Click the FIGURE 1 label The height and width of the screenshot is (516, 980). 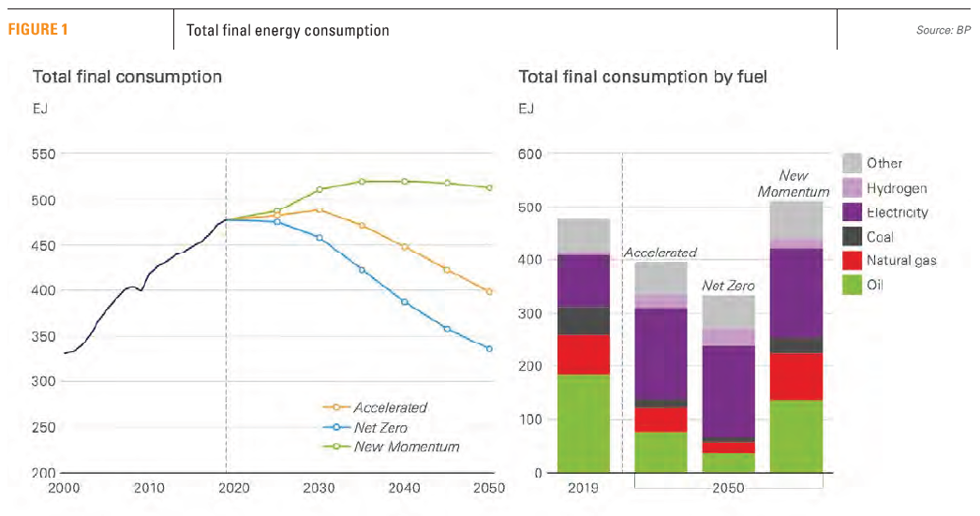[38, 30]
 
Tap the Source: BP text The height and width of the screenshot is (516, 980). [943, 31]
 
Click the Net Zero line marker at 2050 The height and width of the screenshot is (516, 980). [489, 348]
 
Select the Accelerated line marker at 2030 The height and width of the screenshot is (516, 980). [319, 210]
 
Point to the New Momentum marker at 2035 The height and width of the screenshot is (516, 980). [362, 181]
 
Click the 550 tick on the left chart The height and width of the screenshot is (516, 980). [44, 155]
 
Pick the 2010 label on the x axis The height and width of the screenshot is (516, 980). [149, 488]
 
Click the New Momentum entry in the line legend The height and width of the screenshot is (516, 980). [406, 447]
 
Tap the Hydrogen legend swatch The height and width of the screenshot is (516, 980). [852, 188]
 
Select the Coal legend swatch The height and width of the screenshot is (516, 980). [852, 237]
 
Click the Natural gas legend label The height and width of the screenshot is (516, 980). [901, 261]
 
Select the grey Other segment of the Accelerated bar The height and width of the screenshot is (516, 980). [661, 278]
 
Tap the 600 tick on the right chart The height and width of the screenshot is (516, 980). [531, 155]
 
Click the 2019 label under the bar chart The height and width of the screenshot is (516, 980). [584, 488]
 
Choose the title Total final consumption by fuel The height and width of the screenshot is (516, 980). [643, 77]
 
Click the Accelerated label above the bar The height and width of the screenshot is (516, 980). [661, 253]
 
